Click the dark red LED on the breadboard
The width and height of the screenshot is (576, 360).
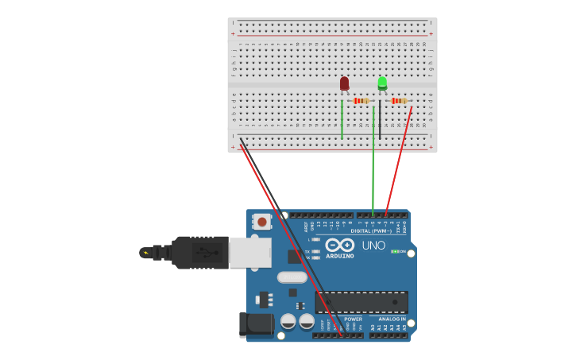[x=344, y=83]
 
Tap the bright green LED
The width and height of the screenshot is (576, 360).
[x=382, y=83]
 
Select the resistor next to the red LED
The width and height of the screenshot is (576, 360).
[x=361, y=101]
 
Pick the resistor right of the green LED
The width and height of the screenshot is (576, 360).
[x=399, y=101]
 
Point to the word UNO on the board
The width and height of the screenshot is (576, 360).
[x=373, y=246]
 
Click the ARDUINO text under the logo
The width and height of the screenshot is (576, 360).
[x=340, y=256]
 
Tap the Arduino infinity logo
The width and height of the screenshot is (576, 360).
[x=340, y=245]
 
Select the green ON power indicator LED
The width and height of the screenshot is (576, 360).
[x=394, y=252]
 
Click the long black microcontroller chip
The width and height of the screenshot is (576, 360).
[x=361, y=301]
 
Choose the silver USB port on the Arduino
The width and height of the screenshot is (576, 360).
[x=249, y=252]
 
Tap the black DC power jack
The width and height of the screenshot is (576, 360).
[x=256, y=324]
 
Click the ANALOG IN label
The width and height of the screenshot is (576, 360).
[x=392, y=319]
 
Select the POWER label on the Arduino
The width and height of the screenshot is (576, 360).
[x=353, y=319]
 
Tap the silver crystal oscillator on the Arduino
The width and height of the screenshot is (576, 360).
[x=292, y=277]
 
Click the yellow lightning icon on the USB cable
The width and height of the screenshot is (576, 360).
[x=145, y=253]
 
